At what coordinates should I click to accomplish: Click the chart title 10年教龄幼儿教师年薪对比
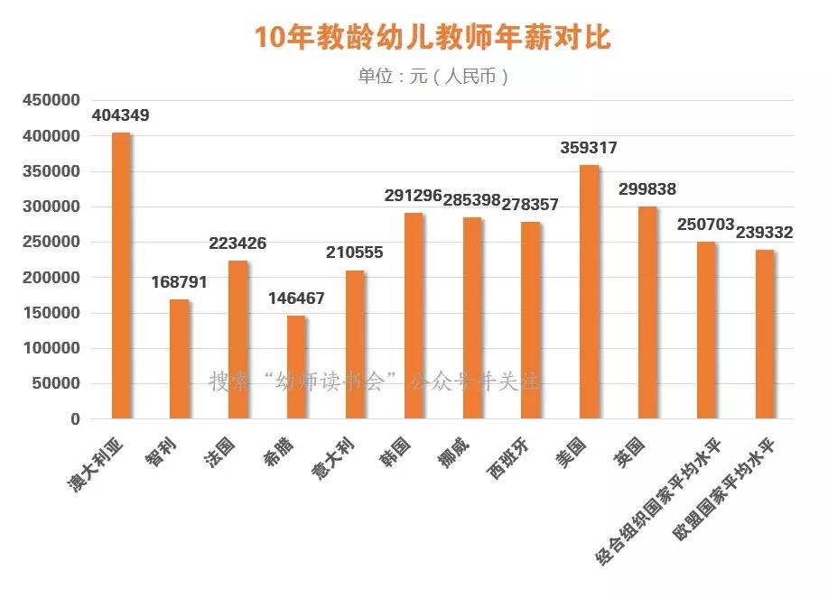coord(433,38)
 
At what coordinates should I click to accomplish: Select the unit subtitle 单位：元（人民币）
coord(433,77)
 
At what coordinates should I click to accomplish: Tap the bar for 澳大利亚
coord(121,276)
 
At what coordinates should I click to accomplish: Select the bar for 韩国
coord(414,316)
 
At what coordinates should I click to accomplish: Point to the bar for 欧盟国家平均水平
coord(765,335)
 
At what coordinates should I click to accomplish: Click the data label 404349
coord(121,116)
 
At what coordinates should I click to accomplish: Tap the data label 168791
coord(179,282)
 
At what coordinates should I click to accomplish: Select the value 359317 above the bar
coord(589,148)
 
